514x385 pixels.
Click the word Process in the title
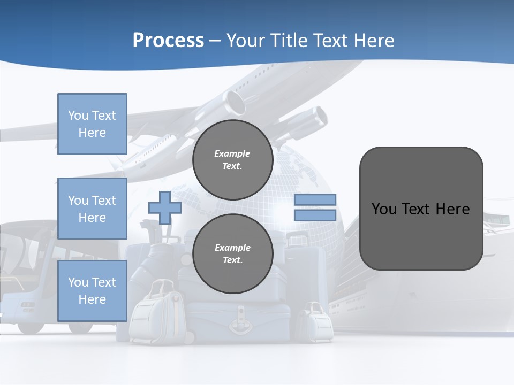click(x=168, y=40)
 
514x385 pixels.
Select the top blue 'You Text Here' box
click(x=92, y=124)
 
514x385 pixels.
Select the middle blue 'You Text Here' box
click(x=92, y=209)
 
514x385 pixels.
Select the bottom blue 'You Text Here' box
click(x=92, y=290)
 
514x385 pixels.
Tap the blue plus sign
click(x=165, y=207)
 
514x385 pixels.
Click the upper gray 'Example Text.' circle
click(x=232, y=159)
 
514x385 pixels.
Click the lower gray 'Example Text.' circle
click(x=232, y=253)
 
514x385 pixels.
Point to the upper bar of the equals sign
click(x=315, y=199)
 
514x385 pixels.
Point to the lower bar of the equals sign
click(x=315, y=215)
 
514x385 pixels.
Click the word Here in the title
click(x=373, y=40)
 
